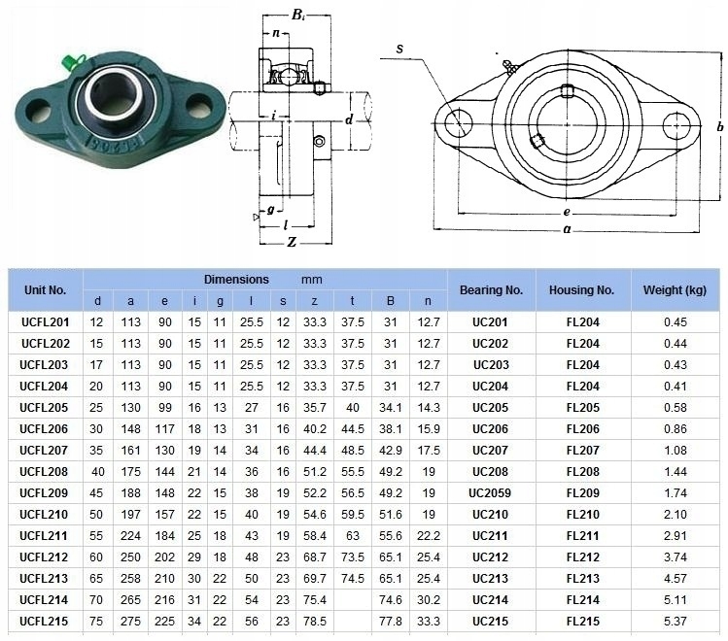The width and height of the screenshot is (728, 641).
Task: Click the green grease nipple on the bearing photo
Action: (70, 62)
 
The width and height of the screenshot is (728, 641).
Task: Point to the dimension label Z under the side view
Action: (292, 242)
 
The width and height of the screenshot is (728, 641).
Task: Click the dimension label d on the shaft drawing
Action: (349, 119)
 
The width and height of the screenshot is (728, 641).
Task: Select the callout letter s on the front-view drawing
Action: (399, 49)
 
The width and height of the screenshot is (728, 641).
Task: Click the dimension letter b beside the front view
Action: (719, 126)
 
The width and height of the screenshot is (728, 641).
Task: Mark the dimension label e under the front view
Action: (567, 212)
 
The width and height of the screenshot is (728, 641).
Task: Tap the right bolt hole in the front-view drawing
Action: (676, 125)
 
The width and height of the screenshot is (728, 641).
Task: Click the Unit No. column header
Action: (45, 290)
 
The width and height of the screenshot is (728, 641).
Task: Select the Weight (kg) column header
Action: (675, 290)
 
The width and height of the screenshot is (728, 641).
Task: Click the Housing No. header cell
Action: (582, 290)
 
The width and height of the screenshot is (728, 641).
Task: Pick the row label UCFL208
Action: (44, 472)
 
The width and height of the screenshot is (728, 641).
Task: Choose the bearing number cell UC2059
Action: (490, 493)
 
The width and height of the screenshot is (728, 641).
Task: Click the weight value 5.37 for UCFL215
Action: (676, 621)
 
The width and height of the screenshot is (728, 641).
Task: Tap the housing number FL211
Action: (582, 536)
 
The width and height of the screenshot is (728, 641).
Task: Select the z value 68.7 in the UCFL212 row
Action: (315, 557)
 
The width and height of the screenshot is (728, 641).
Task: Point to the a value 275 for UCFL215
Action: (130, 621)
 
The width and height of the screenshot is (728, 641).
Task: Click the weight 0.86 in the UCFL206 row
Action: (676, 429)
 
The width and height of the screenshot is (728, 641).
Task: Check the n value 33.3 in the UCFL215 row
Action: (428, 621)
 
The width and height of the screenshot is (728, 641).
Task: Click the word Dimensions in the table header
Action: (236, 280)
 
